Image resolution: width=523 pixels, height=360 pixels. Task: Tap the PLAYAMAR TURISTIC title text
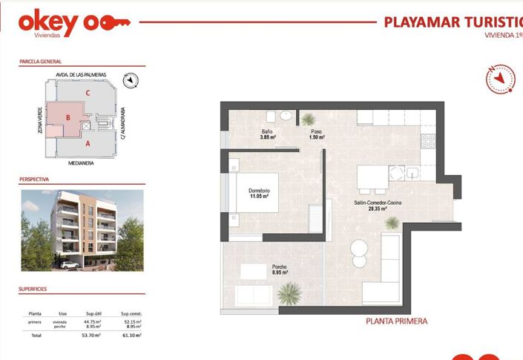point(453,22)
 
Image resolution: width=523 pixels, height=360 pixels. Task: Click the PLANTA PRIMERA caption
point(397,322)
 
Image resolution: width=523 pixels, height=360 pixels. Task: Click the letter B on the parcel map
point(68,117)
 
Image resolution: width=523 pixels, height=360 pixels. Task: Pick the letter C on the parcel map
point(88,93)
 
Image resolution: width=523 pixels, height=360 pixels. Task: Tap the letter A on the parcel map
point(88,143)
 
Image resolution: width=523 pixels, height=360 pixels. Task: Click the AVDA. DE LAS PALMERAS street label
point(82,75)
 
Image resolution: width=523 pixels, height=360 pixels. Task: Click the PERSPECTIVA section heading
point(34,180)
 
